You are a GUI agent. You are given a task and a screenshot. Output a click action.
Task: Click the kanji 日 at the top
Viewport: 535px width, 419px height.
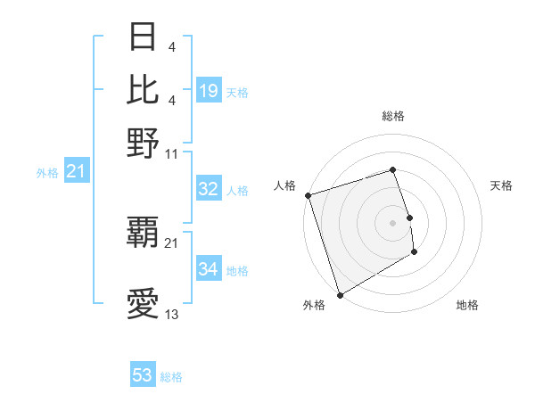pyautogui.click(x=144, y=38)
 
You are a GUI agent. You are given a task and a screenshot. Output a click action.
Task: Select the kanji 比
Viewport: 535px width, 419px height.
pyautogui.click(x=144, y=89)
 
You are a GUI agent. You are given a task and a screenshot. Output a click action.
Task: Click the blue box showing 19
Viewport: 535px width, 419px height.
pyautogui.click(x=209, y=91)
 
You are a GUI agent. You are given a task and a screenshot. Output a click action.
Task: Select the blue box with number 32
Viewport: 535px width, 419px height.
pyautogui.click(x=209, y=189)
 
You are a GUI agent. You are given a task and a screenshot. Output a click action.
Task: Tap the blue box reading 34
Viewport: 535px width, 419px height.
pyautogui.click(x=209, y=269)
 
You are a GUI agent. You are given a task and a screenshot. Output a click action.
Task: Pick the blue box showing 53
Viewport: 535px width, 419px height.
pyautogui.click(x=143, y=375)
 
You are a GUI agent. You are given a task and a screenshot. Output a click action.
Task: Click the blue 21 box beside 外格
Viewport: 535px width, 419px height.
pyautogui.click(x=76, y=171)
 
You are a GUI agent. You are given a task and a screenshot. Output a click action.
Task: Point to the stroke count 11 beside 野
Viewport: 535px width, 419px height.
pyautogui.click(x=172, y=153)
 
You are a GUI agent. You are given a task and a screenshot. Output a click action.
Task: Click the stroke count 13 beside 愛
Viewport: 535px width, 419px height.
pyautogui.click(x=172, y=315)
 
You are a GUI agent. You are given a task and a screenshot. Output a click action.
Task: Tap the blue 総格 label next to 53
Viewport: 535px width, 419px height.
pyautogui.click(x=171, y=377)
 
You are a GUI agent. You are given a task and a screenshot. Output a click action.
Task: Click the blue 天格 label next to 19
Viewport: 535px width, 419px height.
pyautogui.click(x=237, y=93)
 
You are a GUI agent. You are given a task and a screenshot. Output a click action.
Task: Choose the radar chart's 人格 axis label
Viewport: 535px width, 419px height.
pyautogui.click(x=285, y=185)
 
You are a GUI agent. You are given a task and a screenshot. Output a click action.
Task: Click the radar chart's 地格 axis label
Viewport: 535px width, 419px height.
pyautogui.click(x=467, y=305)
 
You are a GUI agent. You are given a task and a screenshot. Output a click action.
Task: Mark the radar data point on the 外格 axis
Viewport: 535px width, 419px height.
pyautogui.click(x=340, y=295)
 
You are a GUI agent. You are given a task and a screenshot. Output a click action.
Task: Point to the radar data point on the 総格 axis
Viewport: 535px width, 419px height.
pyautogui.click(x=392, y=169)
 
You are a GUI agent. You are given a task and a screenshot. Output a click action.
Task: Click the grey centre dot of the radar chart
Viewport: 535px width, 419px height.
pyautogui.click(x=392, y=222)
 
